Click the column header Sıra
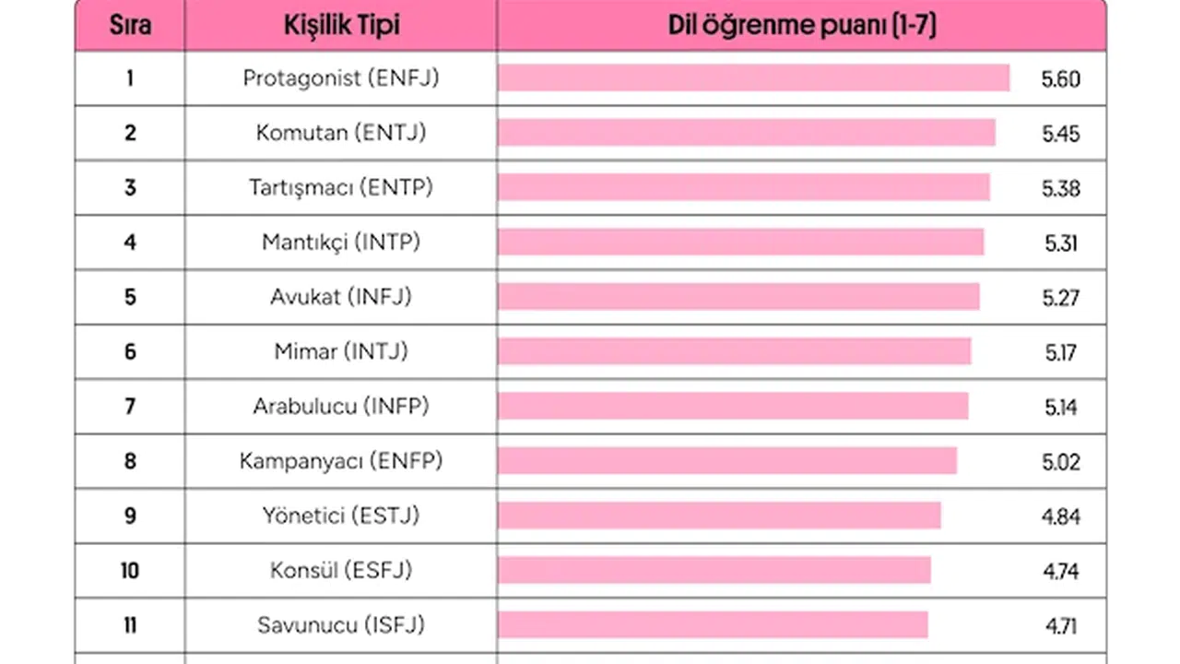(130, 25)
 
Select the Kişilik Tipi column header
(341, 25)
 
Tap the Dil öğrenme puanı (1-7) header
(801, 25)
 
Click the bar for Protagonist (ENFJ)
(753, 78)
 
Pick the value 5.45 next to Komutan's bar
(1060, 134)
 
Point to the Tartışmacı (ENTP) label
(341, 187)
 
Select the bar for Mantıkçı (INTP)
(740, 242)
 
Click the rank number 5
(130, 297)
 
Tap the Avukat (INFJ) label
(341, 297)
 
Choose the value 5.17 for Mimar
(1060, 352)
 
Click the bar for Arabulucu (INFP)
(733, 406)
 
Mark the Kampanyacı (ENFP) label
(341, 460)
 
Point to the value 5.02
(1060, 462)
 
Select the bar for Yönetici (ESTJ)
(719, 516)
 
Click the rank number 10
(130, 570)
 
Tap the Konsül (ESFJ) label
(341, 570)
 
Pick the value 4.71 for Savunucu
(1060, 625)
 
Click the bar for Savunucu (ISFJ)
(713, 624)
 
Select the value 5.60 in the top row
(1060, 79)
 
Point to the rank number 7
(130, 406)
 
